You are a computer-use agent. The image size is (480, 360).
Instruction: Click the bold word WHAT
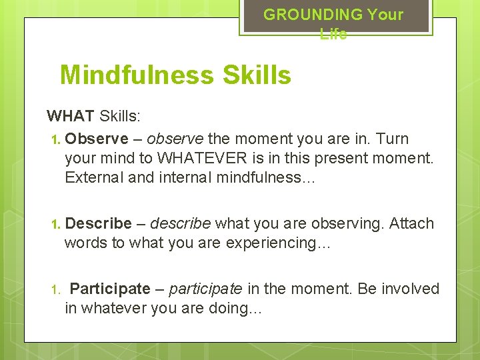pos(71,117)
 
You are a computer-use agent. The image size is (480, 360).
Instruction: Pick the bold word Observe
pos(97,139)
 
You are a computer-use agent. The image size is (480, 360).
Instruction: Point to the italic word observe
pos(176,139)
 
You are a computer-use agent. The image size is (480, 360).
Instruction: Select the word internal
pos(179,177)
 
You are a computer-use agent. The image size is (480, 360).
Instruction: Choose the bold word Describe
pos(99,223)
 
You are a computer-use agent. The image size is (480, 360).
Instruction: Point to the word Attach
pos(411,223)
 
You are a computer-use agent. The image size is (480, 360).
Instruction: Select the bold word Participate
pos(110,289)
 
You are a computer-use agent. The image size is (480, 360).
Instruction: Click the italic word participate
pos(205,289)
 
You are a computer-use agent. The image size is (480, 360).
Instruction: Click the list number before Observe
pos(55,139)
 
